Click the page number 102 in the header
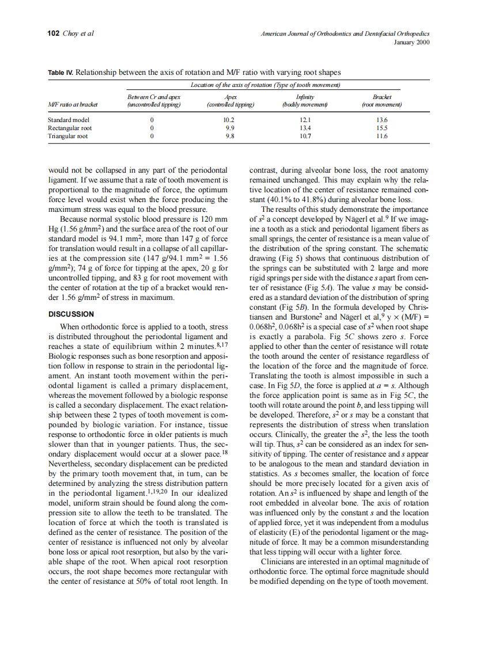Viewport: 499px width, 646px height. point(54,33)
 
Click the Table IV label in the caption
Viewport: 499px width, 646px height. point(61,73)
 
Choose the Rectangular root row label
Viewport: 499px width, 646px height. point(70,128)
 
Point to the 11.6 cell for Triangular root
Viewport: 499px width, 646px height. point(381,136)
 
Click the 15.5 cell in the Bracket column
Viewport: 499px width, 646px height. point(381,128)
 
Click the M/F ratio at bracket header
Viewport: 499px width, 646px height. point(73,104)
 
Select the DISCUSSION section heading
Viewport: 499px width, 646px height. point(71,314)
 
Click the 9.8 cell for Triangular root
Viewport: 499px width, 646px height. point(229,136)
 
